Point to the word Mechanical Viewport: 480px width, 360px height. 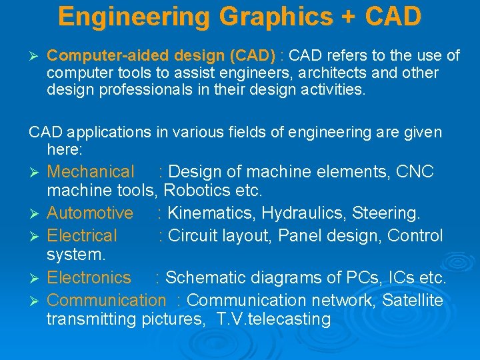[91, 172]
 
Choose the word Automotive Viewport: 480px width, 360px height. [90, 213]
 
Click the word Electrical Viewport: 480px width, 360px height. [82, 236]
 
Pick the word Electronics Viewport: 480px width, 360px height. [89, 277]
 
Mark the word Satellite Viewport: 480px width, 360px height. [412, 301]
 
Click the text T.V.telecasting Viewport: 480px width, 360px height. [274, 319]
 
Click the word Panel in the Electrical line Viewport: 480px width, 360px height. [300, 236]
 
